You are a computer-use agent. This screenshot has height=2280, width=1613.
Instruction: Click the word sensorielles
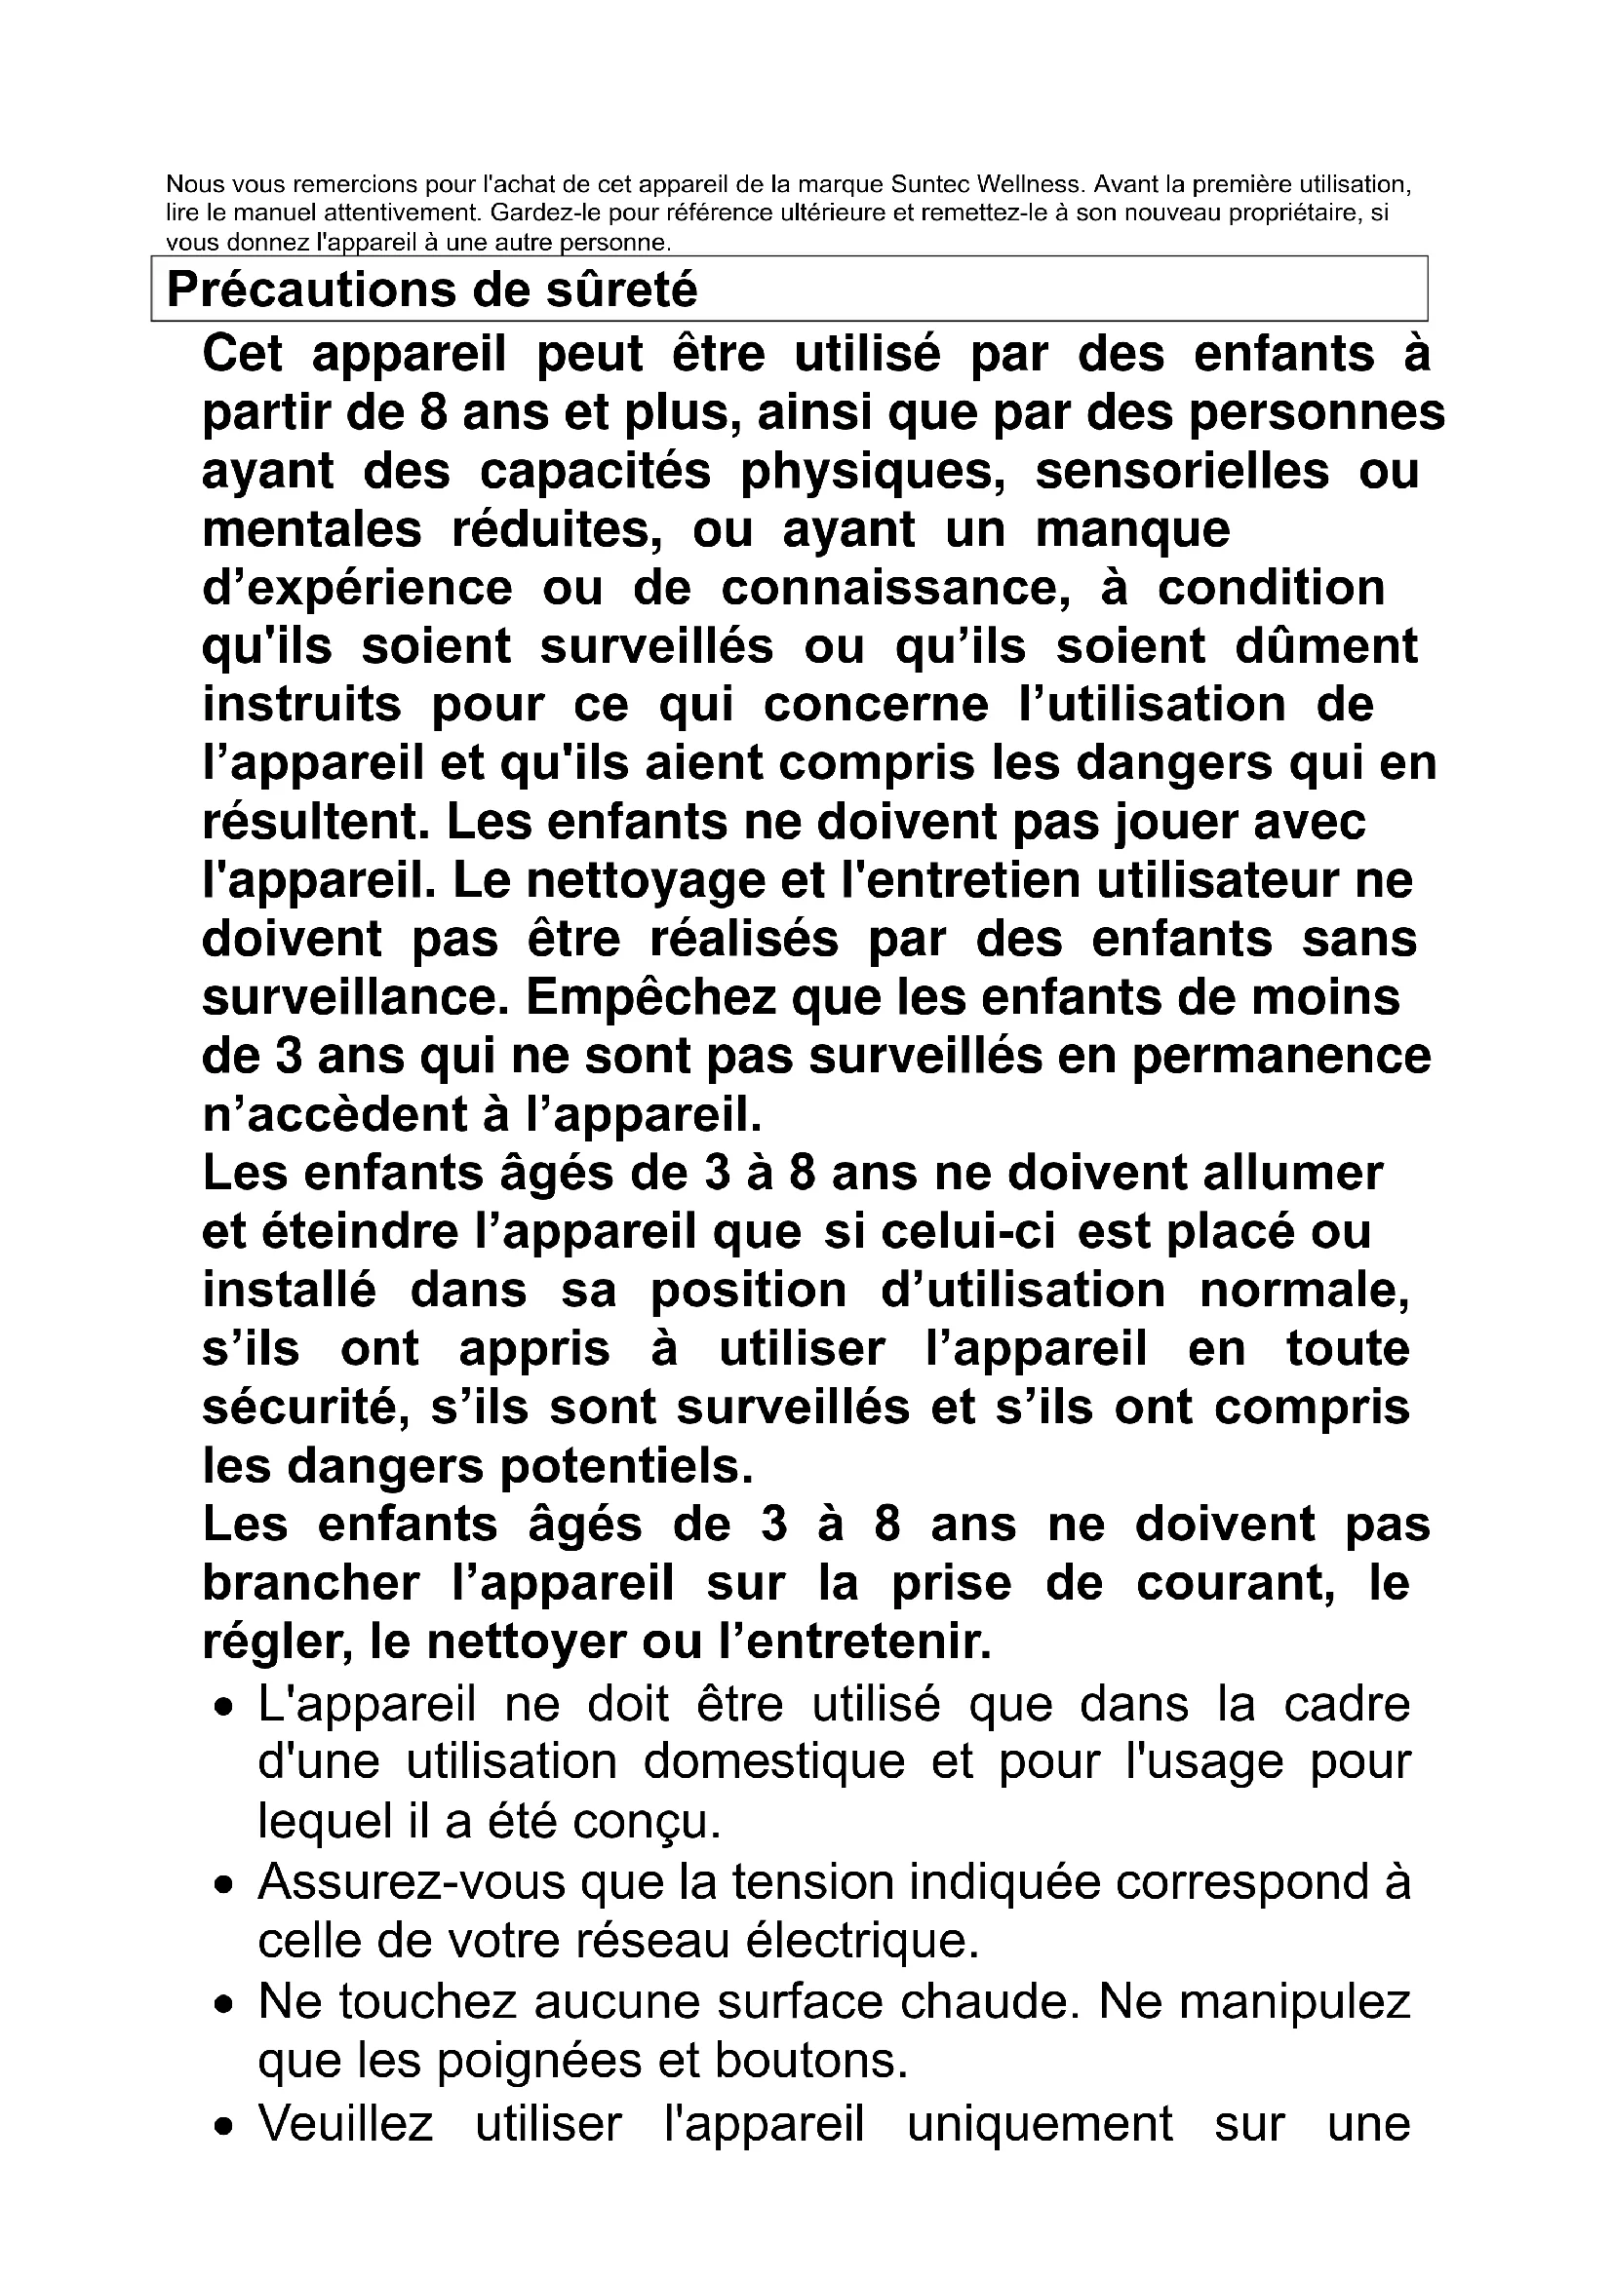click(1182, 472)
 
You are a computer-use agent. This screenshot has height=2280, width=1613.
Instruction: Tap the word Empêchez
click(649, 999)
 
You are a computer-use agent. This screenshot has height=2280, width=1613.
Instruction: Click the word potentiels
click(626, 1468)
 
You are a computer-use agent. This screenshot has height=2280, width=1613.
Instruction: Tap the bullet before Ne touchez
click(227, 2005)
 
